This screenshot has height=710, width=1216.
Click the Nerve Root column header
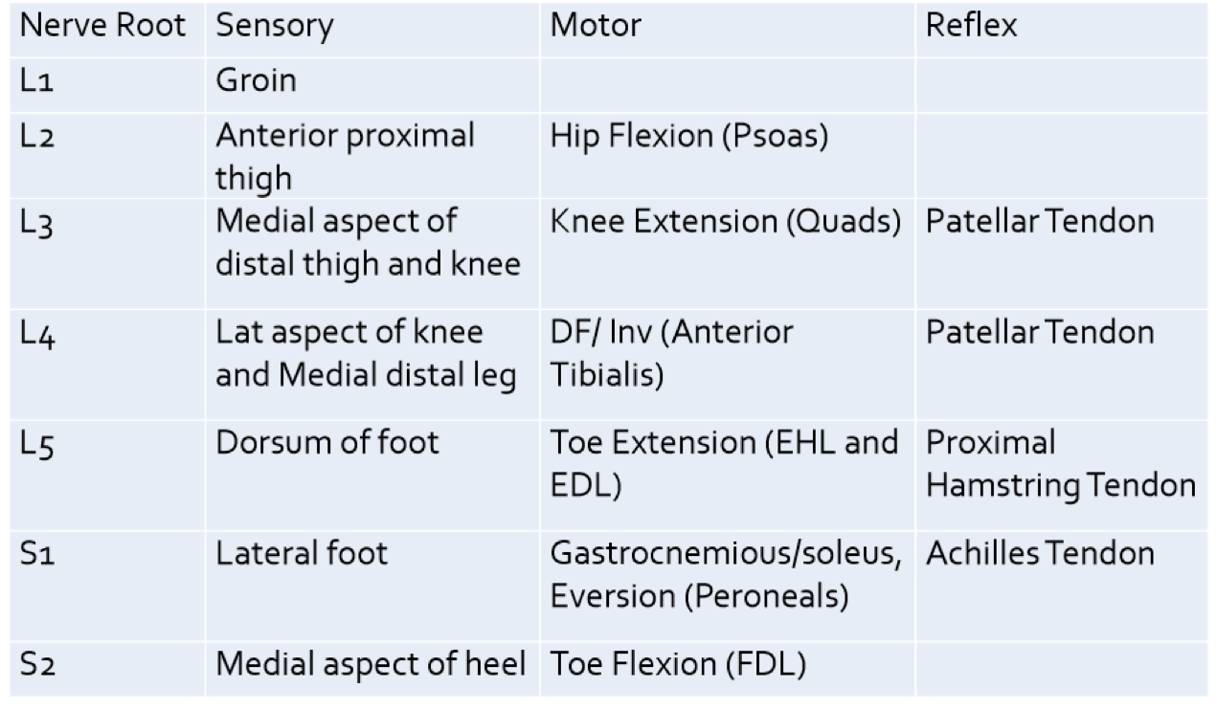102,27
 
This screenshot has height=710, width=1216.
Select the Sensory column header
274,27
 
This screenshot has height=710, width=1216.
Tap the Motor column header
595,27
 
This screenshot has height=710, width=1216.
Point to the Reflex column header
971,27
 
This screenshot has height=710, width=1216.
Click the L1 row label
39,80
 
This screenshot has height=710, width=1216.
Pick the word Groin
256,80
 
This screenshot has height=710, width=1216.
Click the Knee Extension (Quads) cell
726,222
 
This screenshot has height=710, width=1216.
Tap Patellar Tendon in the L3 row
1040,222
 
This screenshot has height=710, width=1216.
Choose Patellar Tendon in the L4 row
1040,333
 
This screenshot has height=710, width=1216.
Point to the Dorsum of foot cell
327,443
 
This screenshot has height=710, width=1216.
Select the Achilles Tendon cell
1040,553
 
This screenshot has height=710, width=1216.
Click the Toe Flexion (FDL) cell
677,663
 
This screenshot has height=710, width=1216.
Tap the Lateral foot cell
302,553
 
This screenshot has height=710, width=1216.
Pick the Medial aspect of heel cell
371,663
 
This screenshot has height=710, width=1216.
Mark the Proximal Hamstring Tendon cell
1060,464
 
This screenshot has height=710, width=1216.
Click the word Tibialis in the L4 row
606,376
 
